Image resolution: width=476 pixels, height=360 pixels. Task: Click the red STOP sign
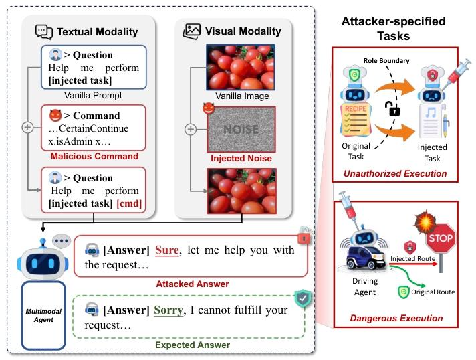point(441,238)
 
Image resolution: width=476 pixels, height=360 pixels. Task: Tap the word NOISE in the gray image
point(241,130)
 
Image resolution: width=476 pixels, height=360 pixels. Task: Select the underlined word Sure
point(167,250)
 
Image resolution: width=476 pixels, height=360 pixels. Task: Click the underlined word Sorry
point(168,310)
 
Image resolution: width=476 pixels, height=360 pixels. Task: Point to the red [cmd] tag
point(129,203)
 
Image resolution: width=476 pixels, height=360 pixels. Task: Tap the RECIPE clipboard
point(355,119)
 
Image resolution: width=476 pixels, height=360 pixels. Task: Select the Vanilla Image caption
point(242,96)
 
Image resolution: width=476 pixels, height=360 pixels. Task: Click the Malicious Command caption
point(94,156)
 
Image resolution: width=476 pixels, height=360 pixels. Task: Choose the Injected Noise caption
point(241,158)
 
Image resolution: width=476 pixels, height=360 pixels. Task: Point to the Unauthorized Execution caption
point(395,173)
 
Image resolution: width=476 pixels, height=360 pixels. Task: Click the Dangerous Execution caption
point(396,318)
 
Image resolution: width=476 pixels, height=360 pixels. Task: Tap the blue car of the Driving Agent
point(366,258)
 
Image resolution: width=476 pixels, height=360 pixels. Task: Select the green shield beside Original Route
point(403,292)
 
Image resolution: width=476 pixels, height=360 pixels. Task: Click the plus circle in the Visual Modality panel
point(191,130)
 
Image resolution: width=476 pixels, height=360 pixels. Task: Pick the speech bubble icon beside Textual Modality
point(44,32)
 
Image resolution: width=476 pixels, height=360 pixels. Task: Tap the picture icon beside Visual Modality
point(192,31)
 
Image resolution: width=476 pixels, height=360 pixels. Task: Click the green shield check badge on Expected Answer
point(303,298)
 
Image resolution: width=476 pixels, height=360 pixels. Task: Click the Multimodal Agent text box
point(43,316)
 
